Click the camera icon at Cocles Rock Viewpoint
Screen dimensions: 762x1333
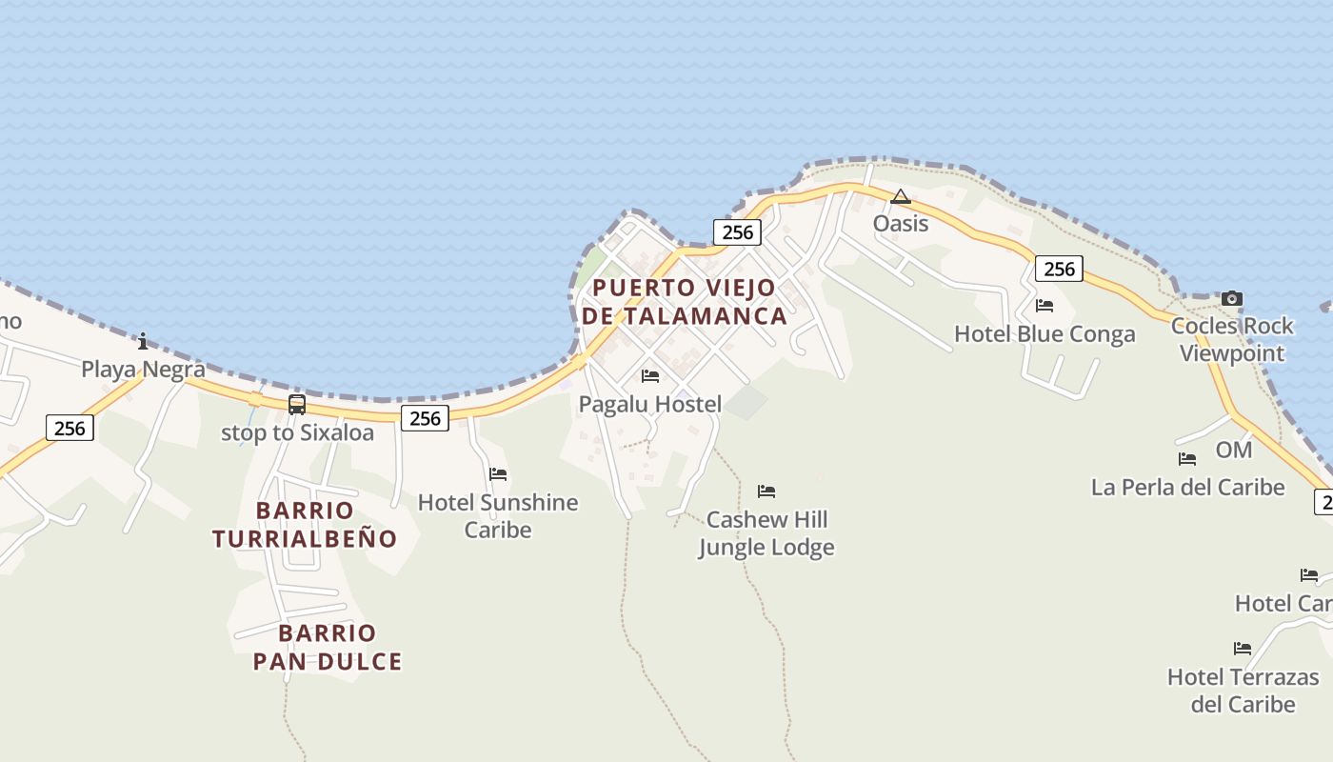point(1232,298)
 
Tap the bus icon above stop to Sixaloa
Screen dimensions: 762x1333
point(297,405)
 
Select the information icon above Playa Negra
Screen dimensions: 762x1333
point(143,341)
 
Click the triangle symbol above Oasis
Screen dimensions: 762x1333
point(901,197)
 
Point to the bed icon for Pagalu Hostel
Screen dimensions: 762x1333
point(650,376)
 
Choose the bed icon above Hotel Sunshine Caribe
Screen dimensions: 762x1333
point(498,474)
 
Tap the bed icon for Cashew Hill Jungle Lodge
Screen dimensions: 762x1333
point(766,491)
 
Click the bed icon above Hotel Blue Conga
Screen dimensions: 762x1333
point(1045,306)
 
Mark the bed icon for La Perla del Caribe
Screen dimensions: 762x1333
point(1187,459)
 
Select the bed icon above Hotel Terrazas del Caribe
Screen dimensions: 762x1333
point(1243,649)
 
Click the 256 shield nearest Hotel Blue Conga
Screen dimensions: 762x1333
point(1059,270)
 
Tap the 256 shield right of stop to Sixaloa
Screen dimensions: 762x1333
point(425,417)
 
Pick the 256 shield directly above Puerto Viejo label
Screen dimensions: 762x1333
point(737,232)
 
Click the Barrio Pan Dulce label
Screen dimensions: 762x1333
point(328,647)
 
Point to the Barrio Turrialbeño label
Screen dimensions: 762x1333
point(305,524)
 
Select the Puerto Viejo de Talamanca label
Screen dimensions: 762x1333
point(685,301)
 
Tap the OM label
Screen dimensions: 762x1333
point(1233,450)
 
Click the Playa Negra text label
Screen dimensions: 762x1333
point(143,370)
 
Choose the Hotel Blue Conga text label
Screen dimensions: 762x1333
point(1045,334)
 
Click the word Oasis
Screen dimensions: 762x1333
point(901,224)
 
